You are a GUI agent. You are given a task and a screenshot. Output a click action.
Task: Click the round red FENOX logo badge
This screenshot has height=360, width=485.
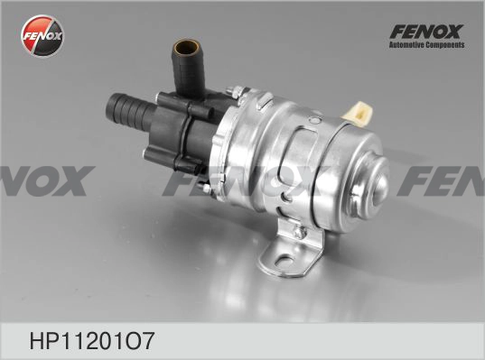[x=42, y=35]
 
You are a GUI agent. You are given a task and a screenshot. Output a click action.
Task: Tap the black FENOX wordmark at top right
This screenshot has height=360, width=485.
[x=426, y=32]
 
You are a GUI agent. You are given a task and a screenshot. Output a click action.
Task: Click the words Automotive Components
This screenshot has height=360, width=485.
[x=427, y=45]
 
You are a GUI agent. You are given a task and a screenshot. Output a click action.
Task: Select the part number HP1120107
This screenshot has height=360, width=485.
[x=91, y=341]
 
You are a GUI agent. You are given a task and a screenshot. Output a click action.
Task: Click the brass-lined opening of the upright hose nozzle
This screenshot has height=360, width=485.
[x=187, y=47]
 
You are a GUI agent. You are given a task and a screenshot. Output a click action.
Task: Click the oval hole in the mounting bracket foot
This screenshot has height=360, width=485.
[x=284, y=262]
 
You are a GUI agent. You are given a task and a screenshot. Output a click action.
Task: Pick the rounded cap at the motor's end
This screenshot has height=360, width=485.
[x=370, y=185]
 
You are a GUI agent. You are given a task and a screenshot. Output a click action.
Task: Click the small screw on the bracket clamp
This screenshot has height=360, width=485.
[x=298, y=232]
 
